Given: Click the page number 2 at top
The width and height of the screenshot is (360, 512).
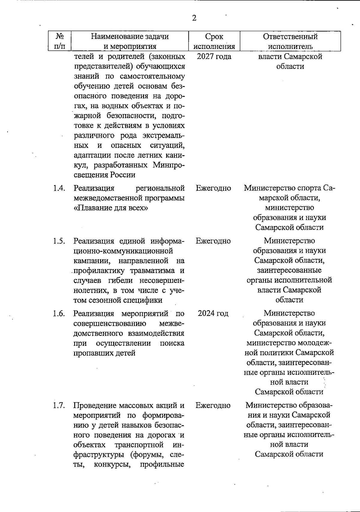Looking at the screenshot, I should click(x=194, y=18).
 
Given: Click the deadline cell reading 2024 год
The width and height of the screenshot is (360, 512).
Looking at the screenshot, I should click(x=213, y=314).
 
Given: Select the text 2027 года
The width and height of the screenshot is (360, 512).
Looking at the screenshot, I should click(x=214, y=56).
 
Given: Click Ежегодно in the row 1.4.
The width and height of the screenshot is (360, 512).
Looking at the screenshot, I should click(x=213, y=188).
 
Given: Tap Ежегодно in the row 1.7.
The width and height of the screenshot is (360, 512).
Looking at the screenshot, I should click(x=213, y=406).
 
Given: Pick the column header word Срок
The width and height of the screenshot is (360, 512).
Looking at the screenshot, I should click(x=214, y=37).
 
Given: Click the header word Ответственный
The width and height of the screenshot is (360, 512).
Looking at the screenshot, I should click(x=290, y=37).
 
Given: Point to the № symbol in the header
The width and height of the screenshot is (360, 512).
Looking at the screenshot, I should click(x=60, y=36).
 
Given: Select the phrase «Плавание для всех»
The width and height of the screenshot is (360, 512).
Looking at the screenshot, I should click(x=111, y=208).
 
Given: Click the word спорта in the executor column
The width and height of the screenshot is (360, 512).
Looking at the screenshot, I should click(x=306, y=188).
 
